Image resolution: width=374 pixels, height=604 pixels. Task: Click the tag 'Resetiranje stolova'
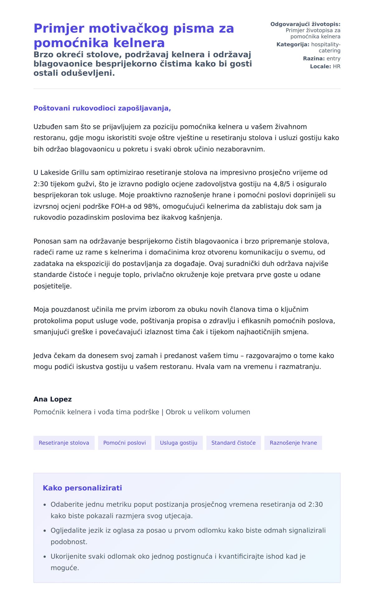pyautogui.click(x=64, y=443)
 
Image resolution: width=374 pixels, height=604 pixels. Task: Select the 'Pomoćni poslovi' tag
pyautogui.click(x=124, y=443)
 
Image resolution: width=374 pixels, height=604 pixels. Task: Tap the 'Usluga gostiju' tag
pyautogui.click(x=179, y=443)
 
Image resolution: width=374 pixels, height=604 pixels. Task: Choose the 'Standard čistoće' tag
pyautogui.click(x=233, y=443)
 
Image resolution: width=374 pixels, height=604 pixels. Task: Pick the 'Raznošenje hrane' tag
pyautogui.click(x=293, y=443)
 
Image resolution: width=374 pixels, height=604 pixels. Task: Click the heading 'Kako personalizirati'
pyautogui.click(x=82, y=488)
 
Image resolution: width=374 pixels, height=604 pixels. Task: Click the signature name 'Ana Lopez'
pyautogui.click(x=53, y=399)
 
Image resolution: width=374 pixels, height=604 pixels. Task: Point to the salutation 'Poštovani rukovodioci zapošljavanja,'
pyautogui.click(x=102, y=109)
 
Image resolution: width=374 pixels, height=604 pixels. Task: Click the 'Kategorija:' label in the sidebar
pyautogui.click(x=293, y=45)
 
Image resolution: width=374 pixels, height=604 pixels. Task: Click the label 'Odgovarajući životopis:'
pyautogui.click(x=305, y=24)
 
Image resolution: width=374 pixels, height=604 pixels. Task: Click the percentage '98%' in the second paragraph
pyautogui.click(x=152, y=206)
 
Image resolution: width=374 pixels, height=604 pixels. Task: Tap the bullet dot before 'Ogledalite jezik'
pyautogui.click(x=45, y=531)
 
